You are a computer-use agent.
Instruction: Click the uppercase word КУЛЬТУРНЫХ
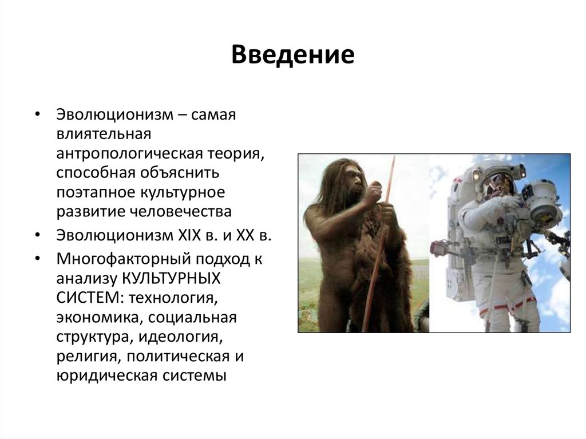point(172,279)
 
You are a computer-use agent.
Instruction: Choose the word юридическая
point(105,375)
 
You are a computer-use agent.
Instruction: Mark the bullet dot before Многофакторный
point(38,260)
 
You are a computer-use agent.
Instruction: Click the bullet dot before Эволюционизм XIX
point(38,235)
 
